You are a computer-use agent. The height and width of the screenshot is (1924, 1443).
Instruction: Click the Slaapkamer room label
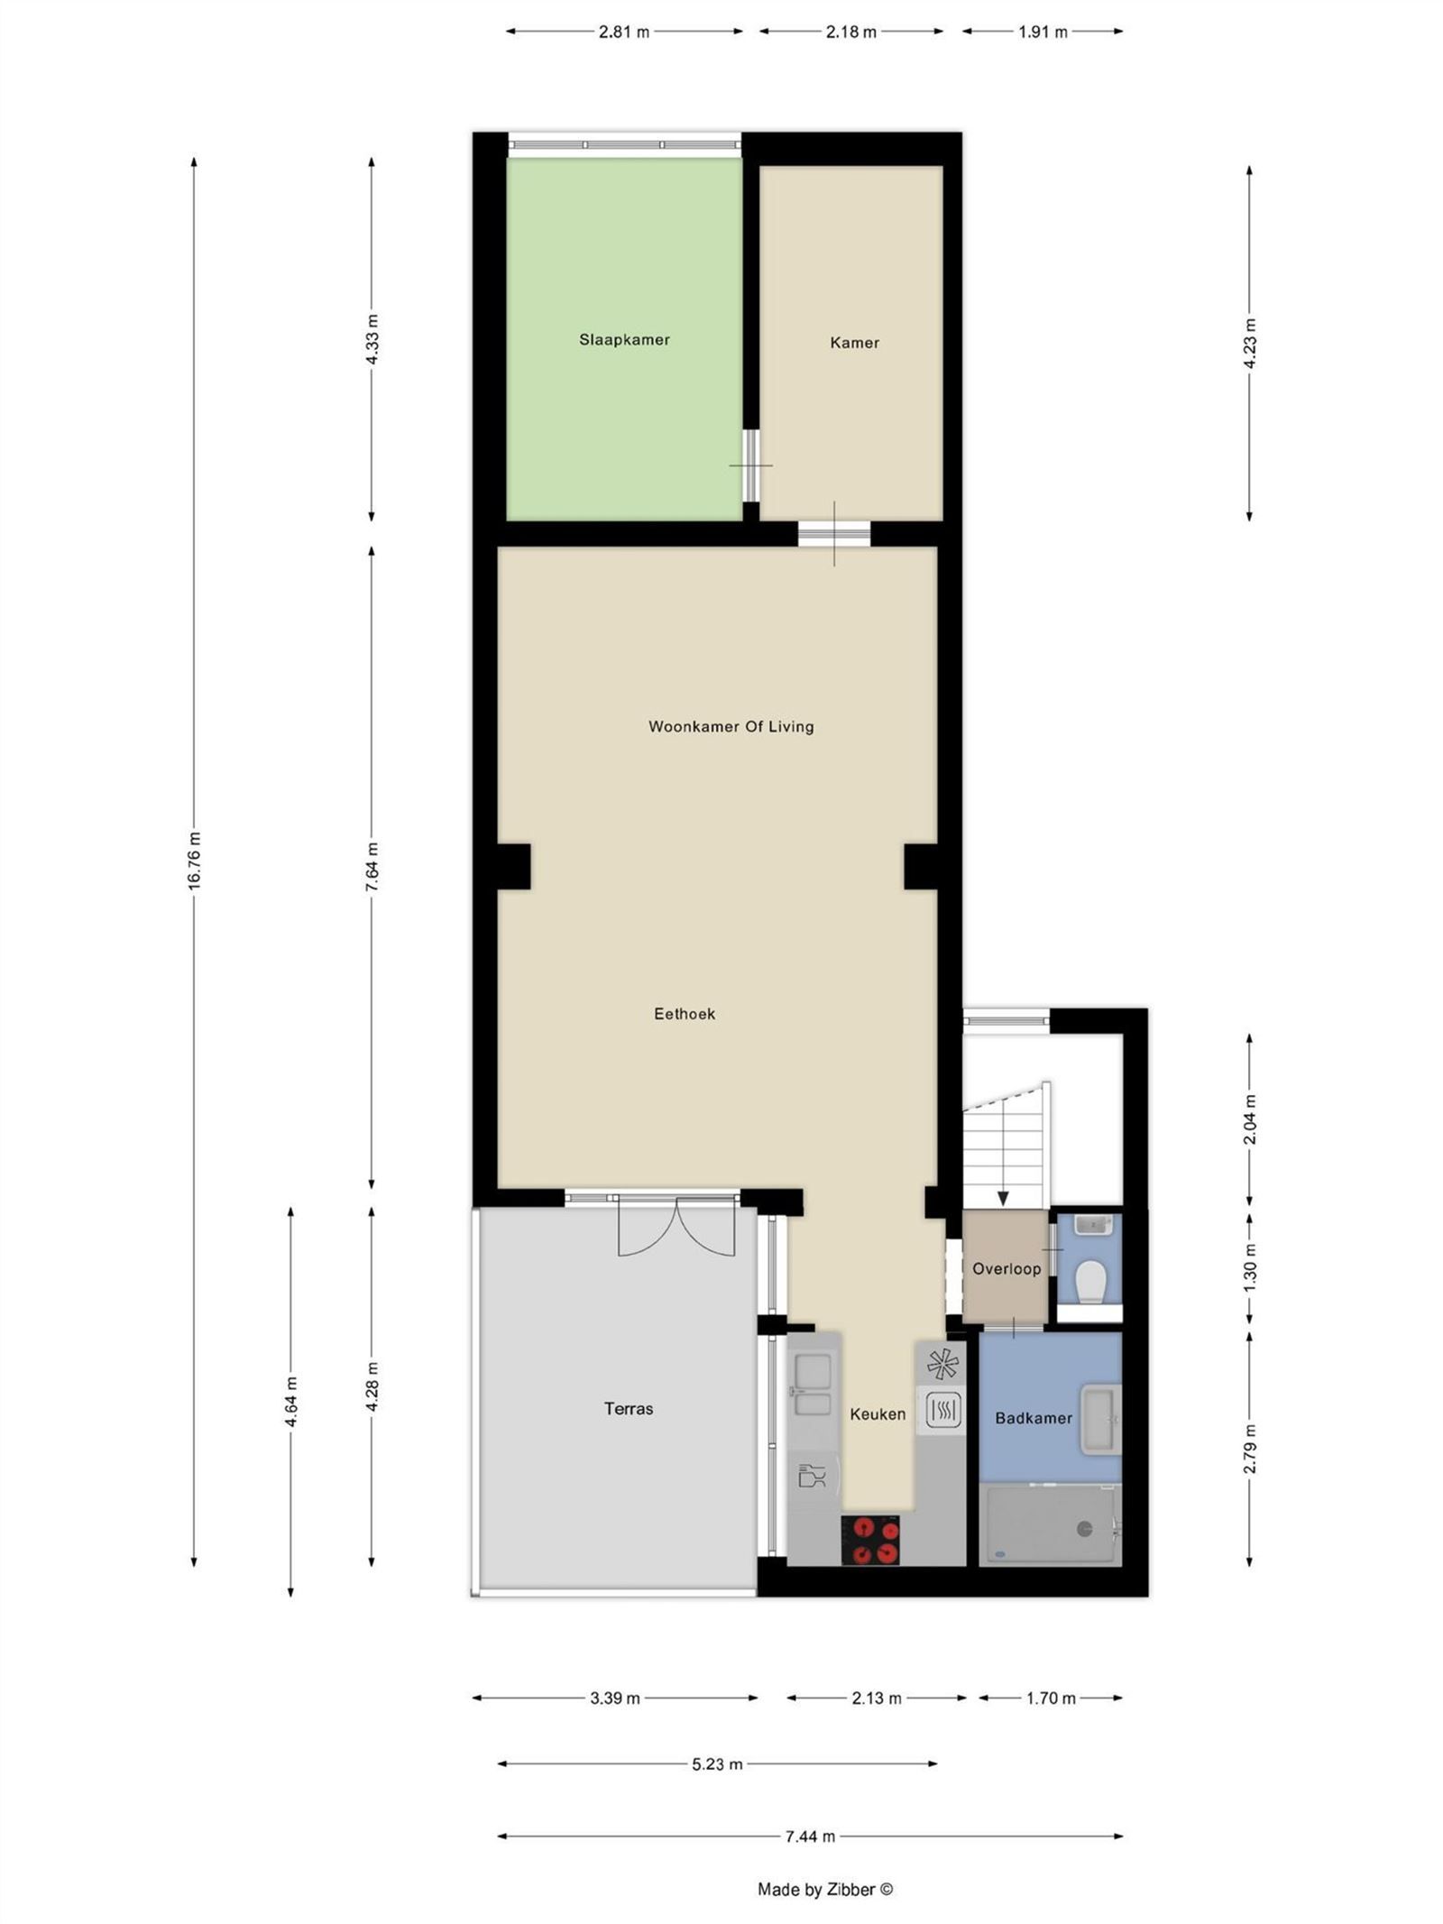623,339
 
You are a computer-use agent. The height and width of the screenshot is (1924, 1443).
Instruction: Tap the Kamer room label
853,342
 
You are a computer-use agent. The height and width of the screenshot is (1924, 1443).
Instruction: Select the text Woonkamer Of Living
731,726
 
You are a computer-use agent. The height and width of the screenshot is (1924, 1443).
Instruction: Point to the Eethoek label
684,1013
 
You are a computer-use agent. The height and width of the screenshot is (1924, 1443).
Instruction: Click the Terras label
628,1407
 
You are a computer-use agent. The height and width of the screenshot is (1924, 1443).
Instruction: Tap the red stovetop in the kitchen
869,1539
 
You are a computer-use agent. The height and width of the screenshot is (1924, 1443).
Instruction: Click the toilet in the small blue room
1091,1282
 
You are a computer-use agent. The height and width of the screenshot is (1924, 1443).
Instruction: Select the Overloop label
1006,1268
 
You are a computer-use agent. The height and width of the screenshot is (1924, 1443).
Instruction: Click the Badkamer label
1033,1417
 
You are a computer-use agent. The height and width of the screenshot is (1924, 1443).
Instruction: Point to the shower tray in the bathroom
1050,1524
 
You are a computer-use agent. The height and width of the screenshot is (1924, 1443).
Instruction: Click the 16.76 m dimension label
194,861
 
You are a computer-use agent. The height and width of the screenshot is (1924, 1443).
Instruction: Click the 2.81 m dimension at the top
623,32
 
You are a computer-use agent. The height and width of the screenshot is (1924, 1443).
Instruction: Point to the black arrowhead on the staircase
1002,1197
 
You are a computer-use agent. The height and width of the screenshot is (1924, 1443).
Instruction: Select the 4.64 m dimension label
290,1402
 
